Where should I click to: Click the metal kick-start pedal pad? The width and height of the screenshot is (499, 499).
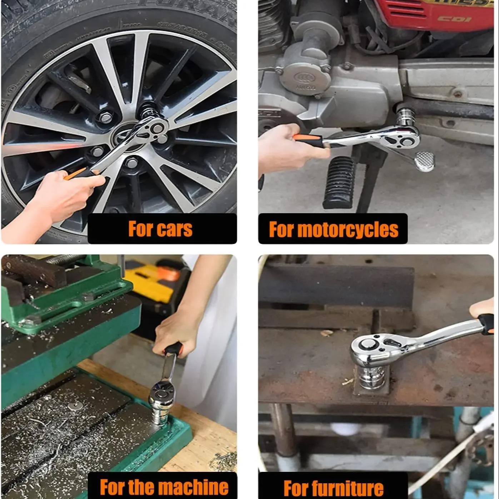(x=425, y=161)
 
